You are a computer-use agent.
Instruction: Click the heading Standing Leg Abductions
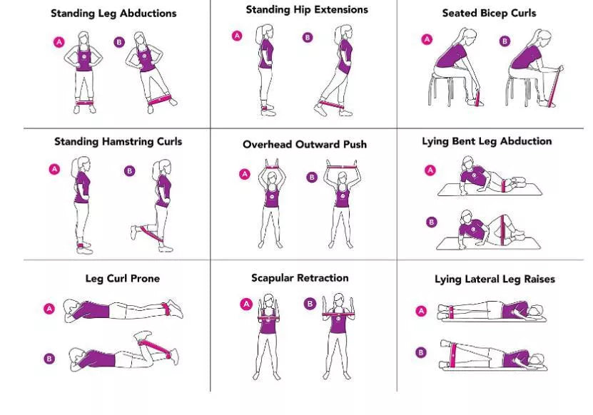click(x=113, y=13)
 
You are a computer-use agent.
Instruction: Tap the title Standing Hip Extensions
click(x=307, y=10)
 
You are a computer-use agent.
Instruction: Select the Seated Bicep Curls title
click(x=489, y=13)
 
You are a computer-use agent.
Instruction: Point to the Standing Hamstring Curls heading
click(x=118, y=141)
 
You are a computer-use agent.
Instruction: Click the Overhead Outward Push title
click(x=305, y=144)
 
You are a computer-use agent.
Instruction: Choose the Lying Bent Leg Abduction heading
click(x=487, y=141)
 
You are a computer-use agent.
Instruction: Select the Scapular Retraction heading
click(x=300, y=277)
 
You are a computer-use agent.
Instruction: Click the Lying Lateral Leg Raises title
click(x=495, y=279)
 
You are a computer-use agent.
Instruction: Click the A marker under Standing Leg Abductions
click(x=59, y=42)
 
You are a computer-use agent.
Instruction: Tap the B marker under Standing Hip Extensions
click(x=308, y=38)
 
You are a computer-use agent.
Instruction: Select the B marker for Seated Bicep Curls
click(x=505, y=41)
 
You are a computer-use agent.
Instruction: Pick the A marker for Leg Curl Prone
click(x=49, y=309)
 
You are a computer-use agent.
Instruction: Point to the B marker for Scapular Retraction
click(x=310, y=304)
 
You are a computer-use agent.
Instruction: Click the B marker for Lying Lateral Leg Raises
click(x=421, y=352)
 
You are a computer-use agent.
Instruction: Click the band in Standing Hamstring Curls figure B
click(x=149, y=232)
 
